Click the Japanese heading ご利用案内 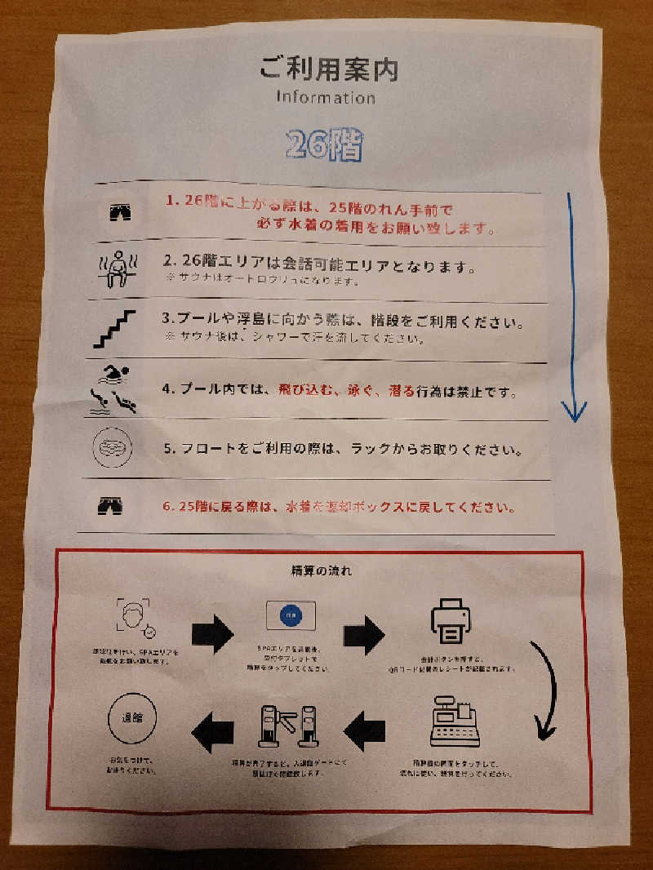(x=328, y=69)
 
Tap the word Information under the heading (x=325, y=97)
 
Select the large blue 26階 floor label (x=324, y=145)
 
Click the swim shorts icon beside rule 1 (x=120, y=213)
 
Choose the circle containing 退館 (x=131, y=720)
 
